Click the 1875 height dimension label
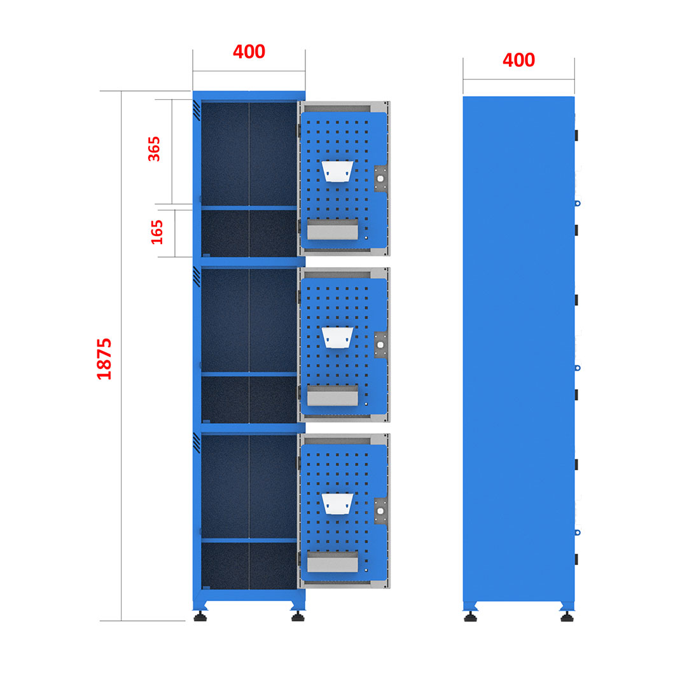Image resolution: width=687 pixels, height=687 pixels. click(x=104, y=358)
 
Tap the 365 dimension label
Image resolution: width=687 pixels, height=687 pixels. click(x=154, y=149)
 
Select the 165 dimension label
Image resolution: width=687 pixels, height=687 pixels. click(x=156, y=232)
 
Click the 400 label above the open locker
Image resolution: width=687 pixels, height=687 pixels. click(x=249, y=52)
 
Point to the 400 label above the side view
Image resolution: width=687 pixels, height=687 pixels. click(x=519, y=60)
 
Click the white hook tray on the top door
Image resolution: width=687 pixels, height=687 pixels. click(x=337, y=171)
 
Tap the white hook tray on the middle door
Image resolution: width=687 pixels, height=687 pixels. click(x=337, y=337)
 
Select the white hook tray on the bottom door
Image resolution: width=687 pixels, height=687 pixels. click(x=337, y=503)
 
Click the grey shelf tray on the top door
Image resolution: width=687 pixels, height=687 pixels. click(x=333, y=229)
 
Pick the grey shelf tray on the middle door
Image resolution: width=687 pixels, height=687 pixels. click(x=333, y=395)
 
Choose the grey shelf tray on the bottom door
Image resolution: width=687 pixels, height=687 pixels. click(x=333, y=562)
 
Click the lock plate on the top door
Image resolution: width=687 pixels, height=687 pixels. click(x=380, y=179)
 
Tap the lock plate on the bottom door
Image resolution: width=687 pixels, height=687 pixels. click(x=380, y=511)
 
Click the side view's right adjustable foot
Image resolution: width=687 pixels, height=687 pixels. click(x=567, y=616)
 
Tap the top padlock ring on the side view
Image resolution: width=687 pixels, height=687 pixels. click(x=578, y=204)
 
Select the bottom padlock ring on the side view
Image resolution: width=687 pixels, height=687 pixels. click(x=578, y=532)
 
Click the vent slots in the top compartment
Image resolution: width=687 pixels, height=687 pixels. click(x=197, y=110)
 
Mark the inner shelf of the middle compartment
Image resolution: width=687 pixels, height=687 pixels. click(x=249, y=374)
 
